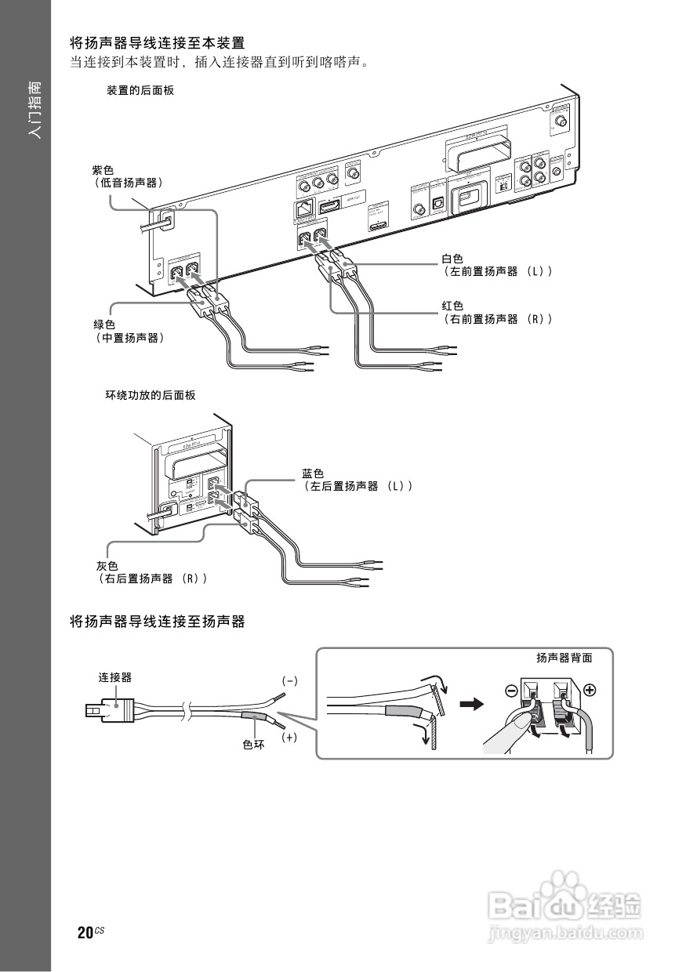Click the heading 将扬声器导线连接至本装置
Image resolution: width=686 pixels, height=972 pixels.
click(x=158, y=42)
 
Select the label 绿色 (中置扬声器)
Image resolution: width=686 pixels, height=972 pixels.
click(x=129, y=331)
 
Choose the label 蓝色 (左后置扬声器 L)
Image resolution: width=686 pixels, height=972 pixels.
click(x=357, y=480)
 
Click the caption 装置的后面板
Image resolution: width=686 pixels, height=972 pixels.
click(x=140, y=91)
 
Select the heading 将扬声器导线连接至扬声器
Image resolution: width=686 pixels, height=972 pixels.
click(x=158, y=622)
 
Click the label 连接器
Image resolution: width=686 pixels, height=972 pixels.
click(x=114, y=676)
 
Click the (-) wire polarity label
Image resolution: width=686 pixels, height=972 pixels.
click(x=290, y=680)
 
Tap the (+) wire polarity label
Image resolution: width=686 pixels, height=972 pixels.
click(x=289, y=738)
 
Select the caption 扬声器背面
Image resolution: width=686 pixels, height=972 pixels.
click(x=564, y=658)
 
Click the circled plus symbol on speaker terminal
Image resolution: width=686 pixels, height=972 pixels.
click(x=590, y=691)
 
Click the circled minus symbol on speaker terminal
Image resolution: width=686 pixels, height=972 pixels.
click(x=511, y=691)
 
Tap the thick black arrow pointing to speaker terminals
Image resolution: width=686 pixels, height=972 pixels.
click(x=470, y=705)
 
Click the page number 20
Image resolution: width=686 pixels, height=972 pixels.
click(x=85, y=933)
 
